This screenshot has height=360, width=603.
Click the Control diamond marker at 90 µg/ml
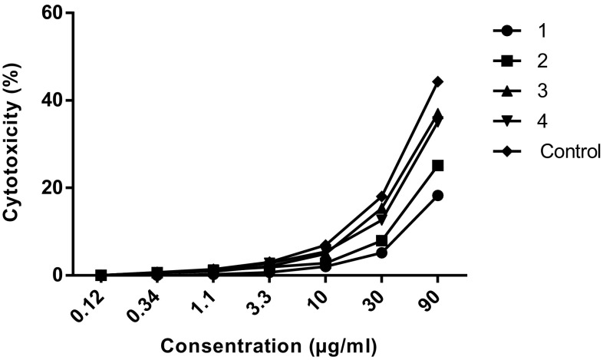[x=437, y=81]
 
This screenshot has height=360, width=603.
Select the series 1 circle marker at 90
[x=437, y=196]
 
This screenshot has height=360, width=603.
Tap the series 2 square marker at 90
[x=437, y=165]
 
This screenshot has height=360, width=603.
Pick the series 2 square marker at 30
[x=381, y=241]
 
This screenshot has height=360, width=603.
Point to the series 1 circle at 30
[x=381, y=253]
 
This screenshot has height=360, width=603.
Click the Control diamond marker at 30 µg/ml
[x=381, y=197]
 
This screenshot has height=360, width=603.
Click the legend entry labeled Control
[x=568, y=150]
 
